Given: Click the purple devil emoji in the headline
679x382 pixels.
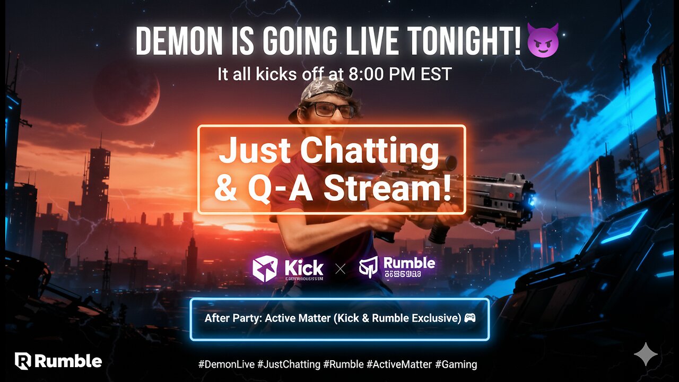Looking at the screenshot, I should [542, 41].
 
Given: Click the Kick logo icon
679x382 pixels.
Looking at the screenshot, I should [264, 268].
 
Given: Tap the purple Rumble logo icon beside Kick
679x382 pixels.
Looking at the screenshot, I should [370, 268].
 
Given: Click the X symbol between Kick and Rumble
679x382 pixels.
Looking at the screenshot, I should [340, 269].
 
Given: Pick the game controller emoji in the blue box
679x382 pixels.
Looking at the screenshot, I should [469, 318].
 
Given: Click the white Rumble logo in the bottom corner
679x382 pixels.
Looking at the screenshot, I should [58, 361].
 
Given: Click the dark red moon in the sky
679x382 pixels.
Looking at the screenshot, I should [126, 92].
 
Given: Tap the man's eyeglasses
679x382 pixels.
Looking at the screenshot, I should [329, 109].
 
